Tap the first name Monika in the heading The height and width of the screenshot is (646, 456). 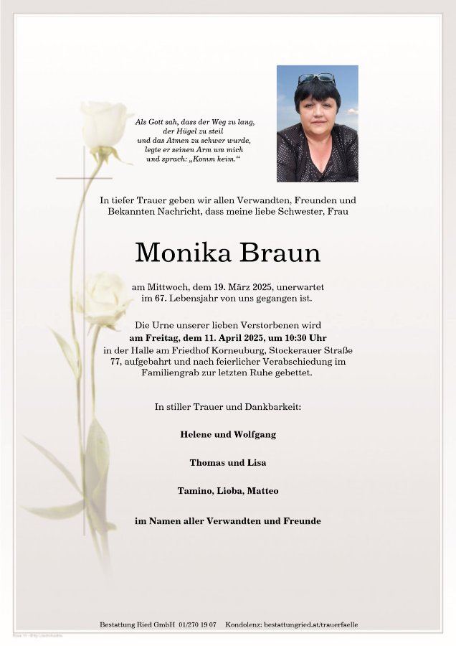pyautogui.click(x=184, y=253)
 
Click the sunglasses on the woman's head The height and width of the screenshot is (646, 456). pyautogui.click(x=316, y=78)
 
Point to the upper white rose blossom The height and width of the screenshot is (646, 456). pyautogui.click(x=105, y=125)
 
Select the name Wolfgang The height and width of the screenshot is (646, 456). pyautogui.click(x=254, y=434)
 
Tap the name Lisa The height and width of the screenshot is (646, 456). pyautogui.click(x=256, y=463)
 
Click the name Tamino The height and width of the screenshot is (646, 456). pyautogui.click(x=194, y=491)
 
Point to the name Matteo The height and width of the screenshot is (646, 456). pyautogui.click(x=262, y=491)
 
